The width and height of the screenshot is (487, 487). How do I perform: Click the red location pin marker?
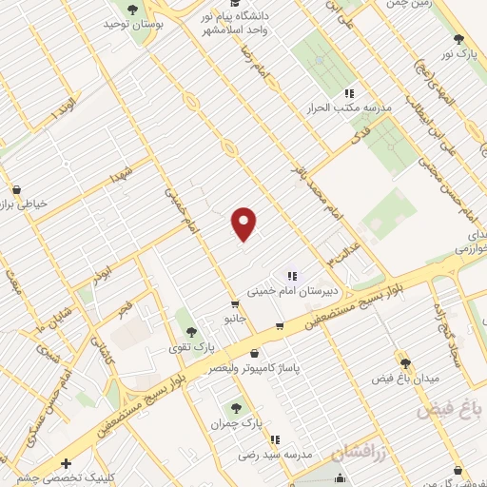tap(244, 224)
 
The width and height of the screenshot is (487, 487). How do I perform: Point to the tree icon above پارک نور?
tap(460, 39)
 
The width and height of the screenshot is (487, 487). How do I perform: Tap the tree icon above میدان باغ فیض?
tap(406, 362)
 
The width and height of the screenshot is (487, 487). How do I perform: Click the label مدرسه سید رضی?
tap(275, 456)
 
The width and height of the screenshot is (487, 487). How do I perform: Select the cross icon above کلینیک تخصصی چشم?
tap(66, 463)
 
